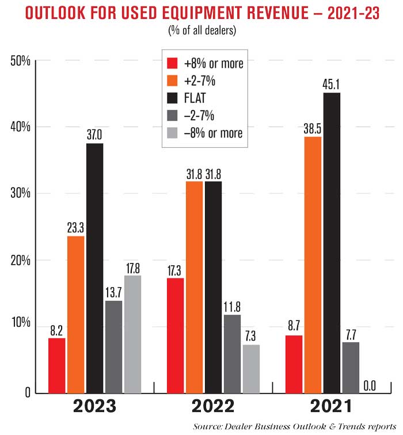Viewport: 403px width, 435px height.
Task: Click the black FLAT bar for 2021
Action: (x=331, y=242)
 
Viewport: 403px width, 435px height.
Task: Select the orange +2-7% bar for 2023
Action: (x=76, y=314)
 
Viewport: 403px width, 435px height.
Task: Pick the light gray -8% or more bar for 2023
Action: (x=132, y=334)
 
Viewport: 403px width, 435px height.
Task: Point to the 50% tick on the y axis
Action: (x=20, y=60)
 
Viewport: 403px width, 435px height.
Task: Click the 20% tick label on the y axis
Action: (x=20, y=260)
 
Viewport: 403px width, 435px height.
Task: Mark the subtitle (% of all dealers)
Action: (x=201, y=30)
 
